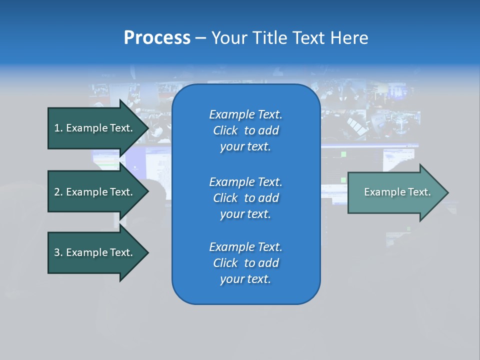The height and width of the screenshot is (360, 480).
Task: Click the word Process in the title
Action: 157,37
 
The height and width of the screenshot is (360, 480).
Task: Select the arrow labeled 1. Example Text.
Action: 93,128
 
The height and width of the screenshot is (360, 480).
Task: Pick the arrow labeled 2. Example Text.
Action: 93,192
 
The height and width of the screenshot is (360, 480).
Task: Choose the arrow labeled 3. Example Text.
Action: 93,252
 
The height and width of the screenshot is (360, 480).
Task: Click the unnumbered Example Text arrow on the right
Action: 395,192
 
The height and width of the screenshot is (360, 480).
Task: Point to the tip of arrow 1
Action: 147,128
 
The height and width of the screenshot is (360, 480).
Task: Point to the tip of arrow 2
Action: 147,192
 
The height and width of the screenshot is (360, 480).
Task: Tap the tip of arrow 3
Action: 147,252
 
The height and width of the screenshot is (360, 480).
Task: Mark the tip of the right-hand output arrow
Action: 447,192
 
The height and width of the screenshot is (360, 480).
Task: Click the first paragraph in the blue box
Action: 245,130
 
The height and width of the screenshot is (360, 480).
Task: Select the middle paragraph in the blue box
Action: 245,198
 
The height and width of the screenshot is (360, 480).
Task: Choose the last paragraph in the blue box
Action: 245,263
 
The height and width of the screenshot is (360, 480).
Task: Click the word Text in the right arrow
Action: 419,192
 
